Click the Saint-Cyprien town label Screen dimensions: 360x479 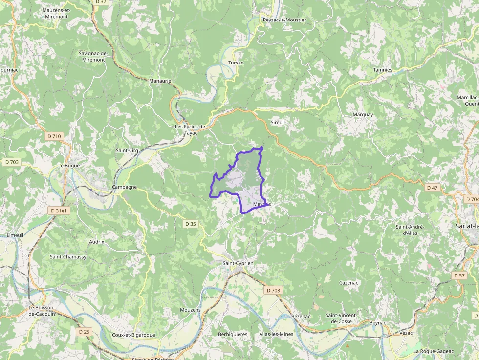tap(238, 263)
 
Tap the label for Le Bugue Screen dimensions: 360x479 tap(68, 165)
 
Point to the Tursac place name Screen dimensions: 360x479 tap(236, 63)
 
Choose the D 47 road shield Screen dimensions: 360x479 tap(432, 188)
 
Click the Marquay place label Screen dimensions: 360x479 tap(363, 115)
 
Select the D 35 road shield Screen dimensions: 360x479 tap(191, 224)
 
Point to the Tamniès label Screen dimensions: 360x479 tap(383, 70)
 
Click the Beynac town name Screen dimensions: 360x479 tap(377, 323)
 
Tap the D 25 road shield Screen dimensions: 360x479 tap(84, 332)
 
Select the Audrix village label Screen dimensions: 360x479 tap(97, 242)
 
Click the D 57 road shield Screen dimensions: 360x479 tap(459, 276)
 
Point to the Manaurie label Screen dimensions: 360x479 tap(160, 81)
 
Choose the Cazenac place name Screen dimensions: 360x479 tap(349, 283)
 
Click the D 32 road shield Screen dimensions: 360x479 tap(101, 2)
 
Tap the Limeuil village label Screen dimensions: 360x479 tap(15, 235)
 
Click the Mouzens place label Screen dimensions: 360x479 tap(190, 310)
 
